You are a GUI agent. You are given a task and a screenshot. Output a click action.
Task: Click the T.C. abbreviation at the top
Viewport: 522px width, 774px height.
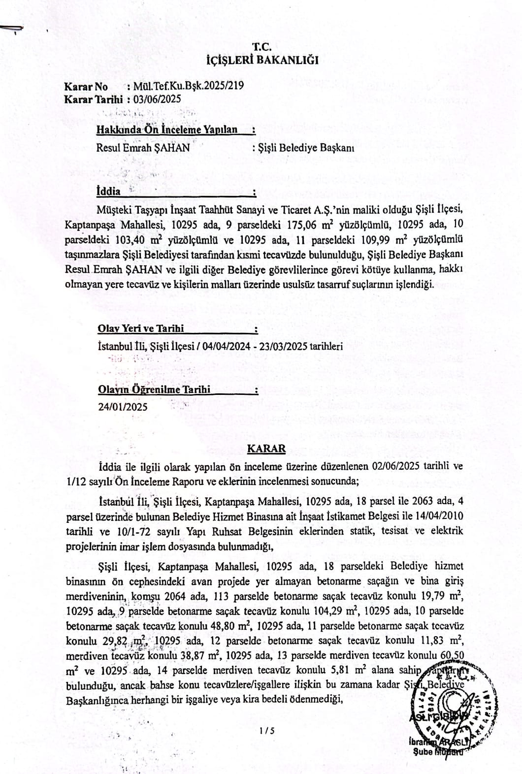pyautogui.click(x=261, y=47)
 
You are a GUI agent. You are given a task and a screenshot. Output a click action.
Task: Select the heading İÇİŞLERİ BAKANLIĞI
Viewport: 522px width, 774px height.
pyautogui.click(x=261, y=61)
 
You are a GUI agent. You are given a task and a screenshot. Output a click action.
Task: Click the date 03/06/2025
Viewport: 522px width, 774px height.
pyautogui.click(x=161, y=98)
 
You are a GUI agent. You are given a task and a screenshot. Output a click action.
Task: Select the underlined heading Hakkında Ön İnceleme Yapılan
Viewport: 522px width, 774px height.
pyautogui.click(x=167, y=130)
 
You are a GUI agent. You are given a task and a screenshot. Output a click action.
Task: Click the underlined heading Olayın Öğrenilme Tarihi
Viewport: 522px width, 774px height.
pyautogui.click(x=154, y=389)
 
